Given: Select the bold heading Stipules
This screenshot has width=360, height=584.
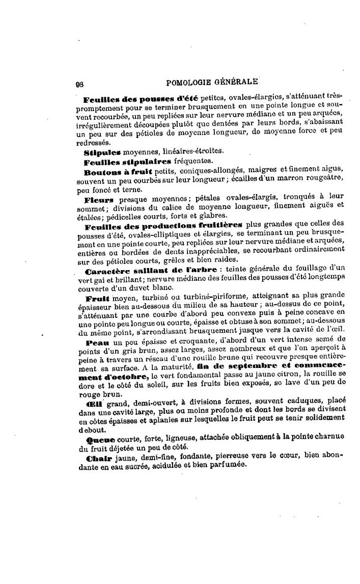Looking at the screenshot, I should pos(101,151).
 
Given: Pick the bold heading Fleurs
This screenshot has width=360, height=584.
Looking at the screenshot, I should pos(98,200).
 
